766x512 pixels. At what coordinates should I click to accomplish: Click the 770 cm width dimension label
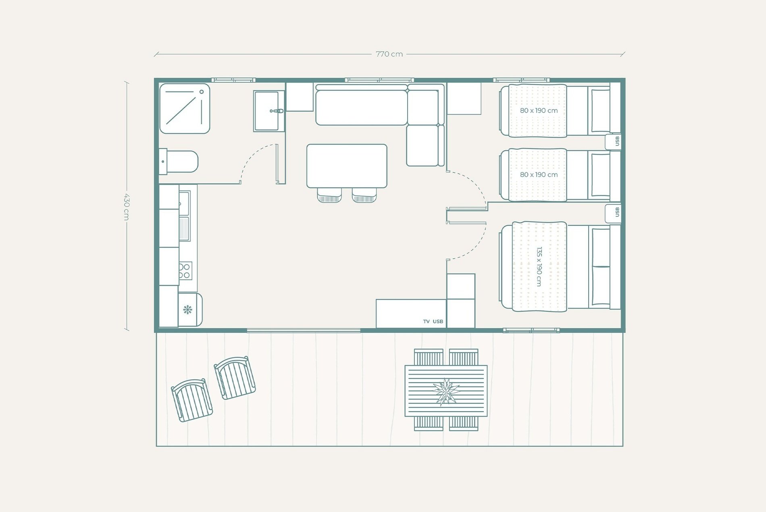tap(389, 54)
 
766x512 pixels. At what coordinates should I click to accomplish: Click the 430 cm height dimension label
tap(126, 207)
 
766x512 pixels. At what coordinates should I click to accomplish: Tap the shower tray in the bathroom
tap(185, 109)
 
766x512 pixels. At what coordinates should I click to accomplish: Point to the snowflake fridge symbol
tap(187, 310)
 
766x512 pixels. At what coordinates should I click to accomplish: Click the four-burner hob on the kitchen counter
tap(185, 271)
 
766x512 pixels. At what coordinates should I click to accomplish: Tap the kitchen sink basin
tap(184, 204)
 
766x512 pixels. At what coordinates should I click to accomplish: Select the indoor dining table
tap(347, 166)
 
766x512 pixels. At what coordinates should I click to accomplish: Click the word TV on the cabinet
tap(426, 322)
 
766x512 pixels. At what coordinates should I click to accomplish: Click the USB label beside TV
tap(438, 322)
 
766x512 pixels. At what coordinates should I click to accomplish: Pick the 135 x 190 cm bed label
tap(539, 266)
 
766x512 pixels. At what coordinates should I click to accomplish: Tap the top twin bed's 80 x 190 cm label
tap(539, 111)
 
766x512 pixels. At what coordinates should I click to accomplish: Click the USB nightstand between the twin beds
tap(613, 142)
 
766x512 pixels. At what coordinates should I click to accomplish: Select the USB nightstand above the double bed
tap(613, 213)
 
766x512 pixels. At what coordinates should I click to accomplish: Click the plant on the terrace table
tap(446, 391)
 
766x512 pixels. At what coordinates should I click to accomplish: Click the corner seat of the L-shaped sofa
tap(423, 107)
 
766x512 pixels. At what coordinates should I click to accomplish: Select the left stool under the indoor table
tap(329, 196)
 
